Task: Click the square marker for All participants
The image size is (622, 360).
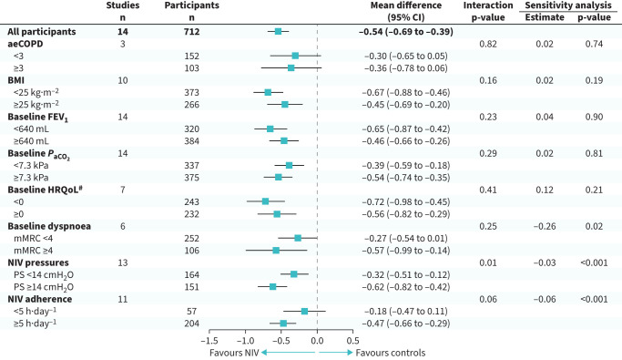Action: click(278, 31)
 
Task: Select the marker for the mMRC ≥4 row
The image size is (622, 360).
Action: click(276, 251)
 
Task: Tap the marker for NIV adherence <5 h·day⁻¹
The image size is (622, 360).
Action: click(304, 311)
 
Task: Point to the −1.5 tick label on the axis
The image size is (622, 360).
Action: click(209, 341)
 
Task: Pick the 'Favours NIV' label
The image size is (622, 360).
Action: click(234, 353)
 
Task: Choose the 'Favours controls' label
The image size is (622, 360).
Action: click(391, 353)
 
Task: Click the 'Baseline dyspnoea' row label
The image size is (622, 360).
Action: click(49, 226)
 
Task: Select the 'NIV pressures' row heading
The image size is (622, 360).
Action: click(38, 262)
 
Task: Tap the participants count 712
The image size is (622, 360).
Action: click(191, 32)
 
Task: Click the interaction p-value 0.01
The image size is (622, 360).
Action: click(488, 262)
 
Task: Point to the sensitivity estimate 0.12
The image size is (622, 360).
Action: click(545, 190)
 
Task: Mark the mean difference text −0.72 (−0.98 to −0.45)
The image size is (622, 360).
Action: click(406, 202)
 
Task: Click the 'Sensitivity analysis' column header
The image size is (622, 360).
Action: click(568, 5)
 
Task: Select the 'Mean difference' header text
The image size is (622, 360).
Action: click(406, 5)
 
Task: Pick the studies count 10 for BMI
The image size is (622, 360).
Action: click(123, 80)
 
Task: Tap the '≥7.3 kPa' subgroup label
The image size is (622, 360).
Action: click(31, 178)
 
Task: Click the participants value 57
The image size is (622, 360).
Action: click(191, 312)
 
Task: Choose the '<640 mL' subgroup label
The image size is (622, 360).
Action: click(31, 129)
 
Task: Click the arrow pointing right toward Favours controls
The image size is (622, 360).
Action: click(336, 353)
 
